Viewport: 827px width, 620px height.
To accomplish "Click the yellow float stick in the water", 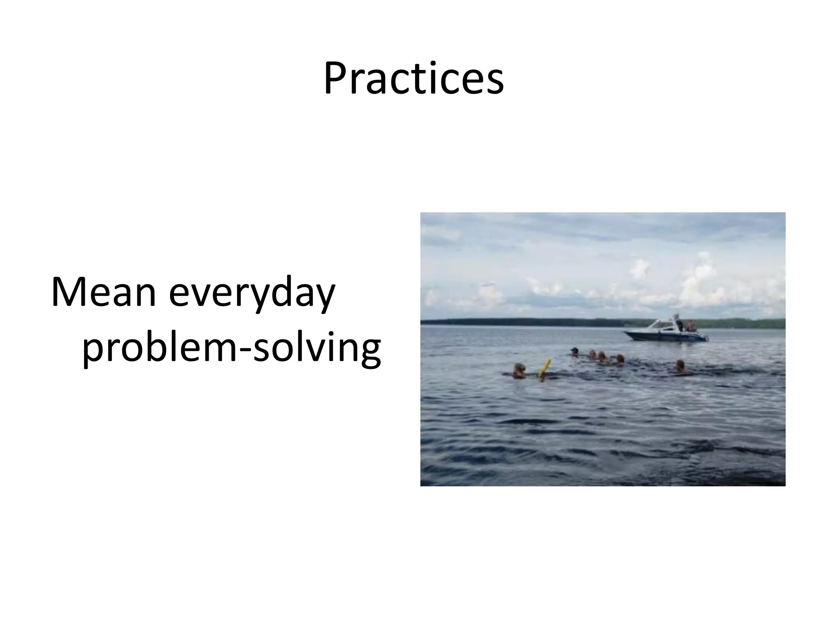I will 546,369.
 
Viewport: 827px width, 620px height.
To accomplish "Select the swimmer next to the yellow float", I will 519,371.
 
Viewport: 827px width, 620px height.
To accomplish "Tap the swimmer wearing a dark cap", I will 574,352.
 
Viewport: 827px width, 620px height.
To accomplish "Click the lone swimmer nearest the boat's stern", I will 680,366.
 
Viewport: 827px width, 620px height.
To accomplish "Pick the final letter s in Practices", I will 495,83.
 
